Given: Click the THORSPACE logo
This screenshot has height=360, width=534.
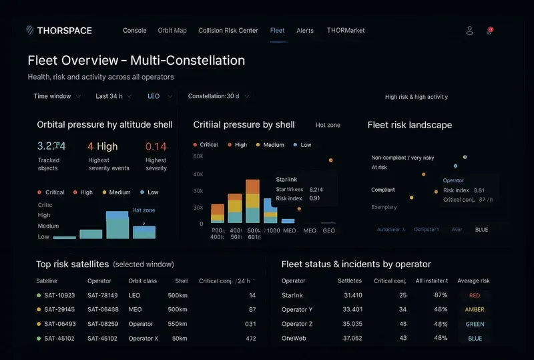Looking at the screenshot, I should pyautogui.click(x=59, y=30).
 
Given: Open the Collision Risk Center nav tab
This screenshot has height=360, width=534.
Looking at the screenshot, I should pyautogui.click(x=228, y=30).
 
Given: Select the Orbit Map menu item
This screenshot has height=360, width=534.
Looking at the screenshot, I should pyautogui.click(x=172, y=30).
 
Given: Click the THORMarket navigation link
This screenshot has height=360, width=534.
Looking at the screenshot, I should pyautogui.click(x=346, y=30).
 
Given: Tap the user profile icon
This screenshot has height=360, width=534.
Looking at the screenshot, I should pyautogui.click(x=470, y=30).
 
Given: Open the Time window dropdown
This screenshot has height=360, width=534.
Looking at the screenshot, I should pyautogui.click(x=57, y=96).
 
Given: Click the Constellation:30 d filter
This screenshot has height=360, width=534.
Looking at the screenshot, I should pyautogui.click(x=218, y=96).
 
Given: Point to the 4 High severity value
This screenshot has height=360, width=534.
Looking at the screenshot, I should pyautogui.click(x=102, y=146).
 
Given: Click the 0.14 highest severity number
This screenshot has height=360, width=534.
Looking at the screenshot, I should pyautogui.click(x=156, y=146).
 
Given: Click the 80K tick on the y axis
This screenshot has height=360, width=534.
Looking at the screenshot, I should pyautogui.click(x=198, y=156).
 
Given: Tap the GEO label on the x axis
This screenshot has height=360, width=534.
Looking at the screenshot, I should pyautogui.click(x=328, y=230).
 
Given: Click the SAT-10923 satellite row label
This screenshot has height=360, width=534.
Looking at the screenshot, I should pyautogui.click(x=59, y=295).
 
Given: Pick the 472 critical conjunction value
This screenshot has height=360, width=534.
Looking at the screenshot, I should pyautogui.click(x=250, y=338).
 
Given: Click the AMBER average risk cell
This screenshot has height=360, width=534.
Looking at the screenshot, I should pyautogui.click(x=475, y=309).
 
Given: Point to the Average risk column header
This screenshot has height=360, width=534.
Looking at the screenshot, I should pyautogui.click(x=473, y=281).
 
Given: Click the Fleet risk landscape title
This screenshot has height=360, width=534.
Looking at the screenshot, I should pyautogui.click(x=409, y=125).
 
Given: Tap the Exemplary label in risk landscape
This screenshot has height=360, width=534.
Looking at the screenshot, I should pyautogui.click(x=384, y=207).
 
